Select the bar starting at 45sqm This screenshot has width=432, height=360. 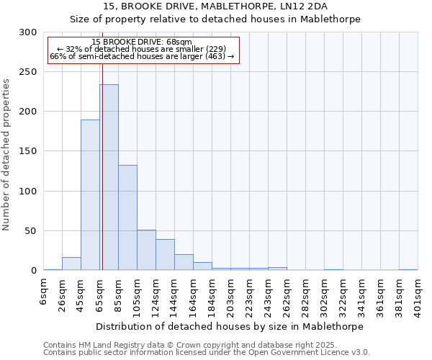(90, 194)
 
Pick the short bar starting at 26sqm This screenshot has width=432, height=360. (71, 264)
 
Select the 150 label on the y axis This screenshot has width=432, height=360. (27, 152)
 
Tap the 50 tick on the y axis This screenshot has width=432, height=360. (30, 231)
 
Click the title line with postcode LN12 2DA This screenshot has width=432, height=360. (216, 6)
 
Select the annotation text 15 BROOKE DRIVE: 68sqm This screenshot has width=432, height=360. (142, 42)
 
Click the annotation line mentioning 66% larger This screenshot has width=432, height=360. (142, 56)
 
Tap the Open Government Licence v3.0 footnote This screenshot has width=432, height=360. (206, 353)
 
